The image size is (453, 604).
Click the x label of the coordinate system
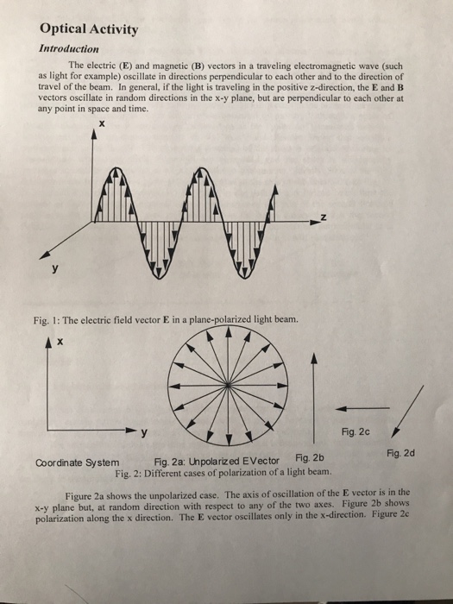tap(61, 343)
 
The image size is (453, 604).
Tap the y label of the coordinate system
tap(144, 432)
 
